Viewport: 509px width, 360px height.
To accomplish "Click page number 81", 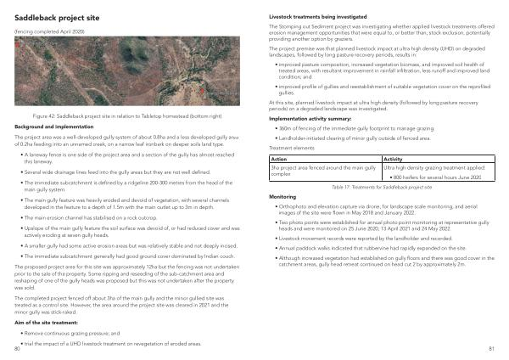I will [491, 348].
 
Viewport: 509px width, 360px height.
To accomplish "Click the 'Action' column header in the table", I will [278, 159].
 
